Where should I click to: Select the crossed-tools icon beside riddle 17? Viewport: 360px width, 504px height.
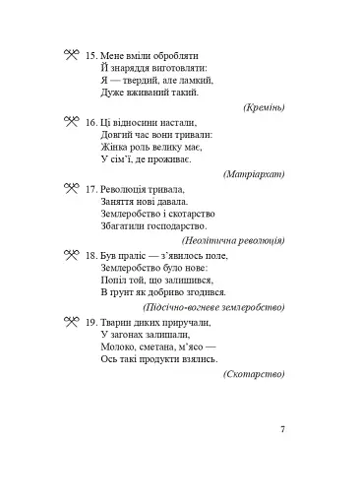(x=69, y=188)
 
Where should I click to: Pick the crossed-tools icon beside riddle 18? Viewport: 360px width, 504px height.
(x=69, y=255)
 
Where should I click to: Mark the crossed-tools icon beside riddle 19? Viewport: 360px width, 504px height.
(x=69, y=322)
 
